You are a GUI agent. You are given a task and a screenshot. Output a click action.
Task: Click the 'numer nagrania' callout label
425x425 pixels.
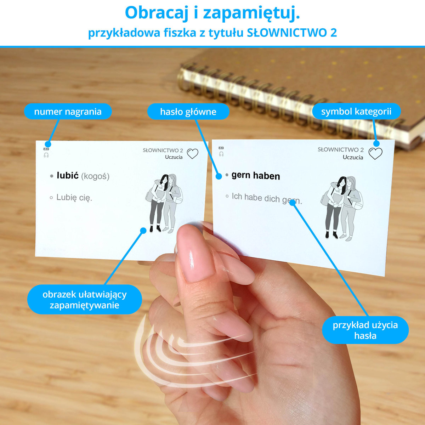[x=68, y=112]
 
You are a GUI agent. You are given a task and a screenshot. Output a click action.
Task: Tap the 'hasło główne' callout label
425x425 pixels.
[x=188, y=112]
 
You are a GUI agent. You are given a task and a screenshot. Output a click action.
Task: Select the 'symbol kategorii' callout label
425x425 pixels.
[x=356, y=111]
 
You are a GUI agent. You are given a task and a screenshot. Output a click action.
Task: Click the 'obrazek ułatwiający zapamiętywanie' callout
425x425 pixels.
[x=85, y=300]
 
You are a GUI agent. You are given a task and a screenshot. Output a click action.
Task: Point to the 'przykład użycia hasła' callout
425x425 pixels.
[x=365, y=330]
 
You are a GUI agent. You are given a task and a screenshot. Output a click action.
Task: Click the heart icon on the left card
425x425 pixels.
[x=193, y=153]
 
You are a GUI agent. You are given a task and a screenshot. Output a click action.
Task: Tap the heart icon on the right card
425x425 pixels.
[x=375, y=153]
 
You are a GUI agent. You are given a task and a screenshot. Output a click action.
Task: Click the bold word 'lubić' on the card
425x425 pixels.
[x=68, y=175]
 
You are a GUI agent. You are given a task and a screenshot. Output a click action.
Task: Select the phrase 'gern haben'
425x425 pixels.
[x=256, y=176]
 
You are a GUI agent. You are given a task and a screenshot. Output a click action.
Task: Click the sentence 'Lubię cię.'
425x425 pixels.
[x=74, y=197]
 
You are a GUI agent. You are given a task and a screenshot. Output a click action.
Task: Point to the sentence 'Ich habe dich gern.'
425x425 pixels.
[x=267, y=198]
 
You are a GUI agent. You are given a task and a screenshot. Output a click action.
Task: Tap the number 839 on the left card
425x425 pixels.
[x=46, y=149]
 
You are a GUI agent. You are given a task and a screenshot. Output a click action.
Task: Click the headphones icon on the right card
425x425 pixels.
[x=221, y=154]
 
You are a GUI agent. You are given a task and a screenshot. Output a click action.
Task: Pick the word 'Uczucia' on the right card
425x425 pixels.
[x=353, y=157]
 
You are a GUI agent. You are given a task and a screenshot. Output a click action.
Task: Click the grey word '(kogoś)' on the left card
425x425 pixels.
[x=95, y=176]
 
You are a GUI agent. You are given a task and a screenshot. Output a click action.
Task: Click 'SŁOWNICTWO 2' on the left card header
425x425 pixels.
[x=163, y=151]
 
